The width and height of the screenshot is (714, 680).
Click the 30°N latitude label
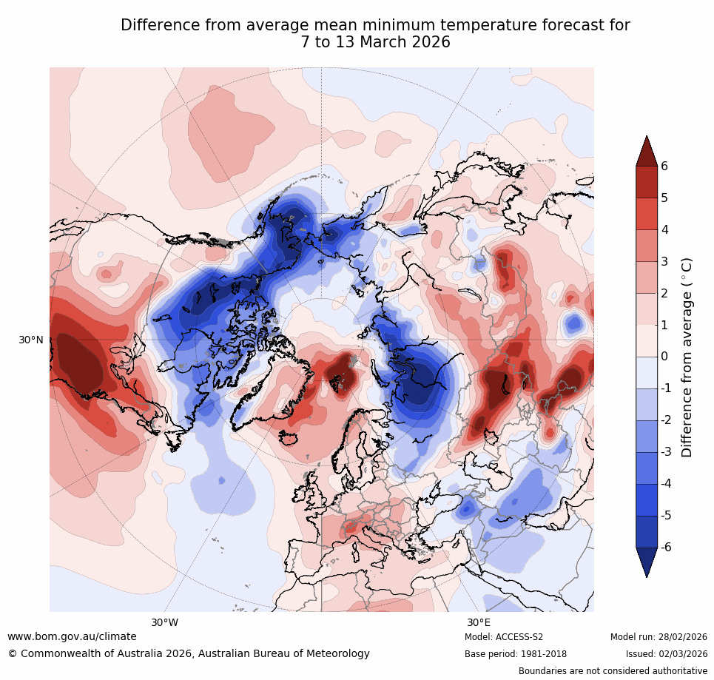(30, 340)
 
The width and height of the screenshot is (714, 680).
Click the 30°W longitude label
(164, 622)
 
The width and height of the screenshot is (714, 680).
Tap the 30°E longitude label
(479, 622)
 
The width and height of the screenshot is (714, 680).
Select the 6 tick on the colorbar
(664, 166)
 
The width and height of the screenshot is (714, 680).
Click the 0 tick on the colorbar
(664, 357)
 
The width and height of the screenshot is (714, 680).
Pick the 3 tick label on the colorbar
(664, 262)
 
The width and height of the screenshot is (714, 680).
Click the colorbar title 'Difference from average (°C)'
(687, 357)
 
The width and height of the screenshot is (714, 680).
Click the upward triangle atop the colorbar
(646, 151)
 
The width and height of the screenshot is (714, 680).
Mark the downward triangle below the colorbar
(646, 562)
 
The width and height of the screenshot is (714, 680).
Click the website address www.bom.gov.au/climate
(72, 636)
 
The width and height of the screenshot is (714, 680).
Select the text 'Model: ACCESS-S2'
(504, 637)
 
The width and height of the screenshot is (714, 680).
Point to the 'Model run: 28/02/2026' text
(659, 637)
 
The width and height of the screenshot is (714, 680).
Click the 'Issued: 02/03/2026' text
(666, 654)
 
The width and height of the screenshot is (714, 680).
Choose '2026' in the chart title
(428, 42)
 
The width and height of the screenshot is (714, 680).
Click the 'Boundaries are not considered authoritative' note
(613, 671)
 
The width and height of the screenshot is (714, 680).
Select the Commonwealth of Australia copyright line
(189, 653)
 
